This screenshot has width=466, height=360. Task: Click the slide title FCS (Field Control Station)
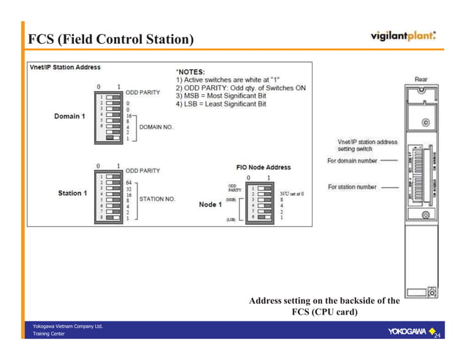(111, 38)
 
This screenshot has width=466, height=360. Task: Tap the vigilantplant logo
(403, 36)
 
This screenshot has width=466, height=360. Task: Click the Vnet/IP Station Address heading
(64, 67)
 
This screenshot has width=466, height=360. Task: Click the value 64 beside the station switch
(129, 182)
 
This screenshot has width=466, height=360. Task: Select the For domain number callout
(352, 160)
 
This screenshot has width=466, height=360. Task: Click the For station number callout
(352, 187)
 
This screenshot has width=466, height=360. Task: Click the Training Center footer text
(49, 334)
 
